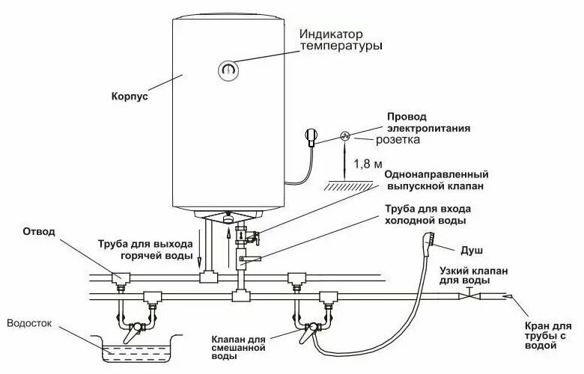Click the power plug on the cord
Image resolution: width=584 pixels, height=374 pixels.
[311, 137]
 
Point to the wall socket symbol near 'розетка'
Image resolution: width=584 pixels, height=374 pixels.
[346, 135]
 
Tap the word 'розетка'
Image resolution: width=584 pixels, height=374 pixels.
[396, 140]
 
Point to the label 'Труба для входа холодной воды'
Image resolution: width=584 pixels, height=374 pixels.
[428, 215]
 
